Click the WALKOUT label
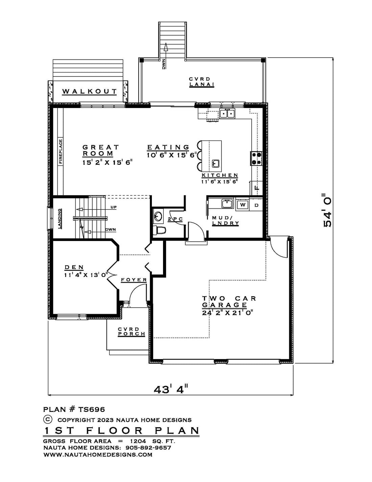(x=89, y=91)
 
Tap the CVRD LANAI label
(x=202, y=82)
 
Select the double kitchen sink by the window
(x=227, y=114)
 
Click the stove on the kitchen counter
(x=256, y=159)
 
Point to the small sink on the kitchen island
(x=215, y=163)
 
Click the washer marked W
(x=242, y=205)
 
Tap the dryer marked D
(x=256, y=205)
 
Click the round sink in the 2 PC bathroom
(x=158, y=216)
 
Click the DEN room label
(x=74, y=267)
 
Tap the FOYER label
(x=134, y=280)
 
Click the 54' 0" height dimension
(x=327, y=210)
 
